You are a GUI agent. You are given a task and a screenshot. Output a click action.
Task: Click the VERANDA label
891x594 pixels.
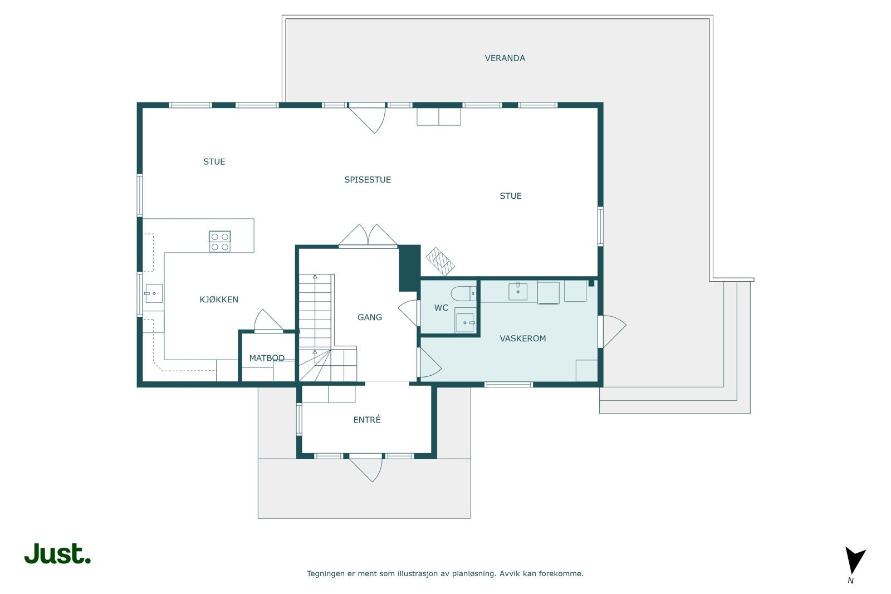505,58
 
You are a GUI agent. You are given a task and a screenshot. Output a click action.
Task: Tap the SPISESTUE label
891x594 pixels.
367,179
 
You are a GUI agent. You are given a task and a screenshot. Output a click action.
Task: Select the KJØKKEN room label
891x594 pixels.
219,300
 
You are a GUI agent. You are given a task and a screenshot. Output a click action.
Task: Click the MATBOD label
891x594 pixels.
267,358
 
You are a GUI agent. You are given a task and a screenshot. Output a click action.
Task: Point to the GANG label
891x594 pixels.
369,317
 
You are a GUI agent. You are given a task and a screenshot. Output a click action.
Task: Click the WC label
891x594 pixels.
441,308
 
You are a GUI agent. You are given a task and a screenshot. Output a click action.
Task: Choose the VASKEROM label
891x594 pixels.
522,338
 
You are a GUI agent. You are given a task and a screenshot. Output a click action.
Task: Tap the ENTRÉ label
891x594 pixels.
366,420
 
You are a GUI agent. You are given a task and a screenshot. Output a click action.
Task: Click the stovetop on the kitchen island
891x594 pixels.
220,241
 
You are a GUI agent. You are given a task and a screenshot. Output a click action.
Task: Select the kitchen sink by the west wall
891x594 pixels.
153,293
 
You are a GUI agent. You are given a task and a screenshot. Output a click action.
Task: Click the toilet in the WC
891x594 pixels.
463,293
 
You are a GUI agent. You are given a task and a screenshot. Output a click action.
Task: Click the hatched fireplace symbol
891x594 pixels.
440,261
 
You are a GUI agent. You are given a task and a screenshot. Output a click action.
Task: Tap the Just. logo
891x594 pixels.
57,554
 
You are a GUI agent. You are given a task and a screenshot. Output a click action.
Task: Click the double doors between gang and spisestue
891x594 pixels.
368,235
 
